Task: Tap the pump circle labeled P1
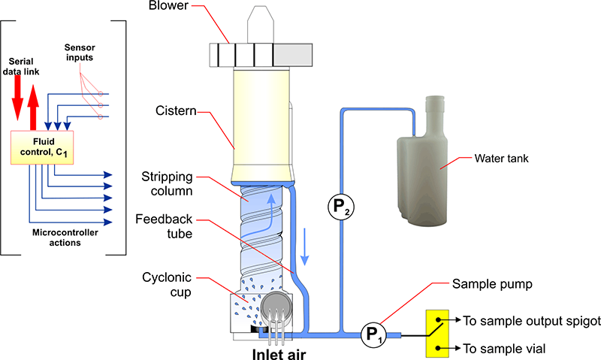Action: click(372, 333)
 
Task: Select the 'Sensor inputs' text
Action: click(80, 52)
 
